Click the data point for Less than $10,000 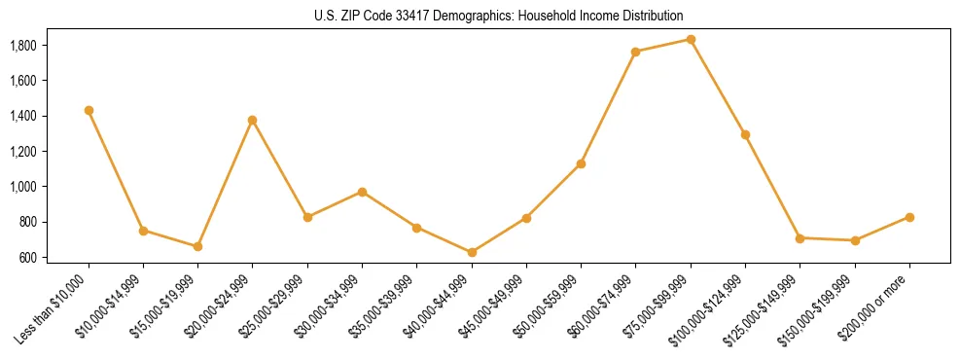89,110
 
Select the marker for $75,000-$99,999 691,39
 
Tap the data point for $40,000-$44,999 472,252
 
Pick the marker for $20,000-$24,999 253,120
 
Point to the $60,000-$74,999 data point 636,52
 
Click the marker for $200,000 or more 909,217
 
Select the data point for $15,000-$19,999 198,246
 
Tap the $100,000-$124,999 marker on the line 745,134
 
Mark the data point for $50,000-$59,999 581,163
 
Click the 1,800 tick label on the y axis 23,46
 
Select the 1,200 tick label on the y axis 23,152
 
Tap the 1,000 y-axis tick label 23,187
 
